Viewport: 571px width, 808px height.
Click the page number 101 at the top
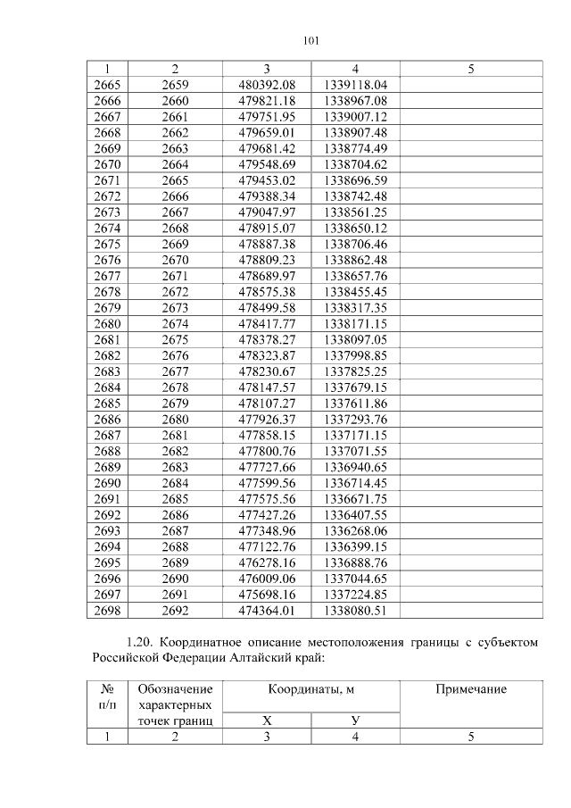point(310,40)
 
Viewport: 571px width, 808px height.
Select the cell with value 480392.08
point(267,84)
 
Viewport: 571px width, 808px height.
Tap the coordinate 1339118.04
point(355,84)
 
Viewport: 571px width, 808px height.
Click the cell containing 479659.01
point(267,132)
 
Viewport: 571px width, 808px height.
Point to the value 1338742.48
point(355,196)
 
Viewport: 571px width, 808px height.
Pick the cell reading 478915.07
point(267,229)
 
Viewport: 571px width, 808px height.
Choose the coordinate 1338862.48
point(355,261)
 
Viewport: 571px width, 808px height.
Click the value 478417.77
point(267,325)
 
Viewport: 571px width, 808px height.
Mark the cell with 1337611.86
point(355,405)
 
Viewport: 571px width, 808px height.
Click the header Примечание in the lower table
point(470,689)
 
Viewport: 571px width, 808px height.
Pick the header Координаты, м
point(310,689)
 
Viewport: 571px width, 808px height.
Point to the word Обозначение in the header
point(175,689)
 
